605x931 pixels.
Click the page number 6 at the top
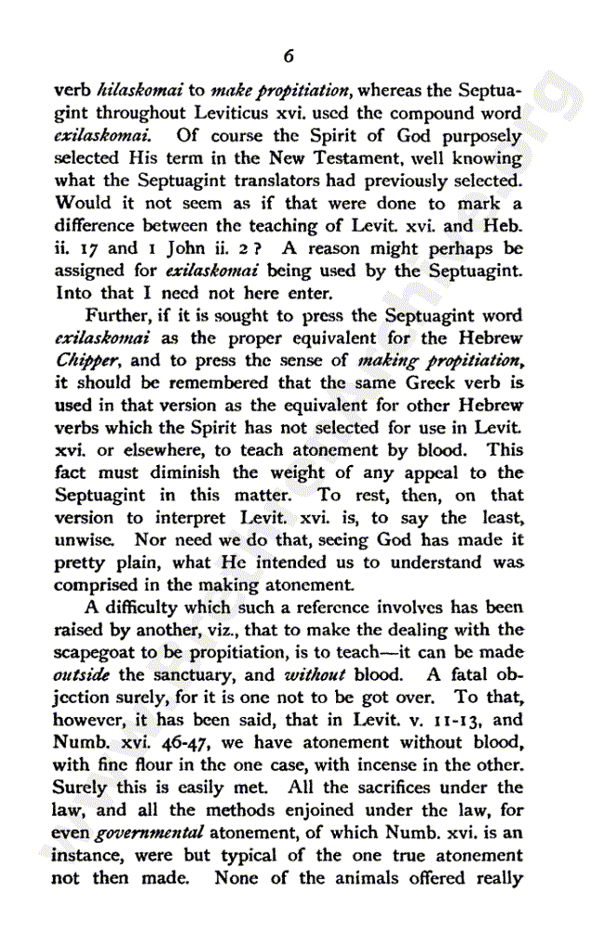[x=289, y=57]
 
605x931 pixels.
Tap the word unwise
[x=81, y=540]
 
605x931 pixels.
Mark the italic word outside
[x=80, y=675]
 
